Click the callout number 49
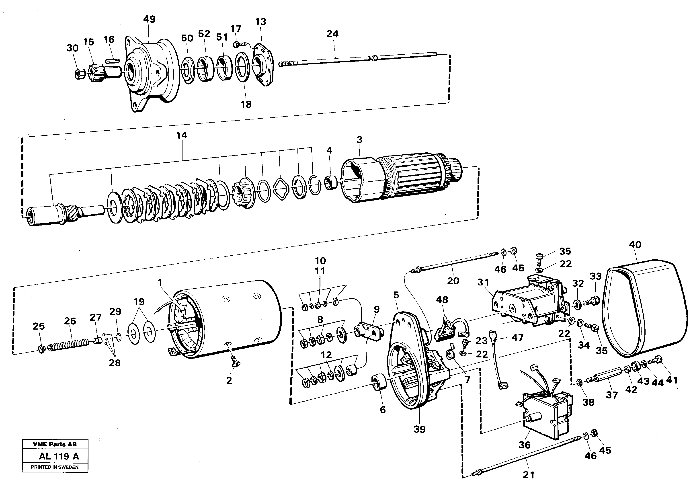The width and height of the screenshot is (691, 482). [149, 19]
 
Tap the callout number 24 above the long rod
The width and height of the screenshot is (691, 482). [332, 34]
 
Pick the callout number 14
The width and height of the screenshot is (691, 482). [181, 135]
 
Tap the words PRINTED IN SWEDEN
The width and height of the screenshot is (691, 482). [55, 467]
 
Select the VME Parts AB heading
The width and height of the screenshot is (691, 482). [55, 444]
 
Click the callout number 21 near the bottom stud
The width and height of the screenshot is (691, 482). [529, 475]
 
